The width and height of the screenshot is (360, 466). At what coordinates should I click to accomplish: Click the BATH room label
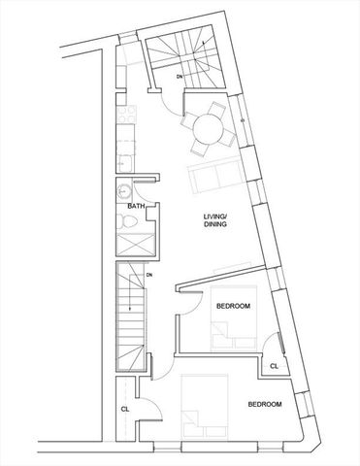tap(136, 207)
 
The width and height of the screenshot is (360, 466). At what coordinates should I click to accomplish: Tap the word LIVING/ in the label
tap(214, 216)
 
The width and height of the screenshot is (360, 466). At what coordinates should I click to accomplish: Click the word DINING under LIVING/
tap(214, 225)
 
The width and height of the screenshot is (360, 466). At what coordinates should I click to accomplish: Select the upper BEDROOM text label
tap(233, 306)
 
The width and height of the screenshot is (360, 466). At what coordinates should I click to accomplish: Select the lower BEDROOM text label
tap(264, 403)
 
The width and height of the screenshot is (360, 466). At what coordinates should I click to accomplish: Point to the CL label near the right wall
tap(274, 366)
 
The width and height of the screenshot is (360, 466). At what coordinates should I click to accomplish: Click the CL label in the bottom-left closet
tap(125, 410)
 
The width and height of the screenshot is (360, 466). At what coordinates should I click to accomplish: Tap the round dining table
tap(206, 129)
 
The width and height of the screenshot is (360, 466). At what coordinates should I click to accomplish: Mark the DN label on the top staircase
tap(180, 73)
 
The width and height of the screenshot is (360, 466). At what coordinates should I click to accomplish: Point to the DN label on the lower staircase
tap(149, 276)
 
